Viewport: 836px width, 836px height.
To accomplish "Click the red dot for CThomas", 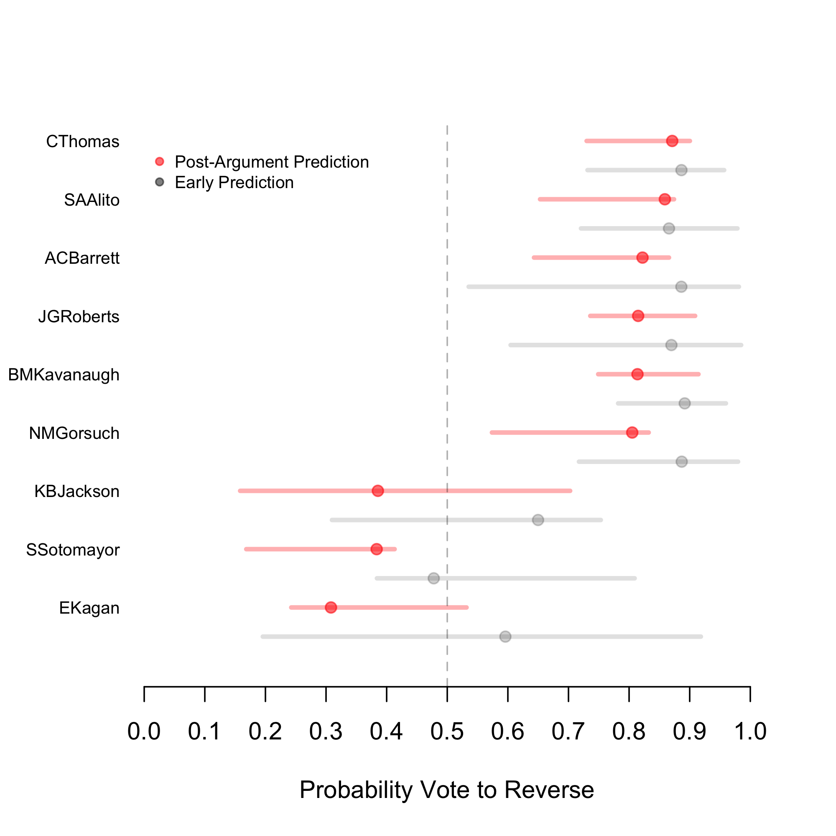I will point(672,141).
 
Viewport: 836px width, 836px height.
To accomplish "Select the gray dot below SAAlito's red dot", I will point(669,229).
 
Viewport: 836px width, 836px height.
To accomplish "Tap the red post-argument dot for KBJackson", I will point(378,491).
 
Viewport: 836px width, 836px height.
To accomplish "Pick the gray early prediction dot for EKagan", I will point(505,637).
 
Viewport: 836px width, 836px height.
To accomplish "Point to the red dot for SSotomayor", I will point(377,549).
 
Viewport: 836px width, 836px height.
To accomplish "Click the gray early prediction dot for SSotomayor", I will point(433,578).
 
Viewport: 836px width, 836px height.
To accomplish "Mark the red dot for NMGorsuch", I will point(632,432).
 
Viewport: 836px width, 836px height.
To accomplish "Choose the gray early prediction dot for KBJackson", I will point(538,520).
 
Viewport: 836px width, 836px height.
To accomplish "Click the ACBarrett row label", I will point(82,258).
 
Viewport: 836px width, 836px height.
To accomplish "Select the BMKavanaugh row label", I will point(64,375).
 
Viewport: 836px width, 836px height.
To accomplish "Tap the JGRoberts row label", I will point(79,317).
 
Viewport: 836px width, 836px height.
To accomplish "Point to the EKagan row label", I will point(89,608).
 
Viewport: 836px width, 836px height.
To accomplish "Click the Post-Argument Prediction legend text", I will point(272,162).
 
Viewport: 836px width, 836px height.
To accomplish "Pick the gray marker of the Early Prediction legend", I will point(160,182).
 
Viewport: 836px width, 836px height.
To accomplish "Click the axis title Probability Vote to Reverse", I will point(446,790).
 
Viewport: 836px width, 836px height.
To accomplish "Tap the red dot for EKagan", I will point(331,607).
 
